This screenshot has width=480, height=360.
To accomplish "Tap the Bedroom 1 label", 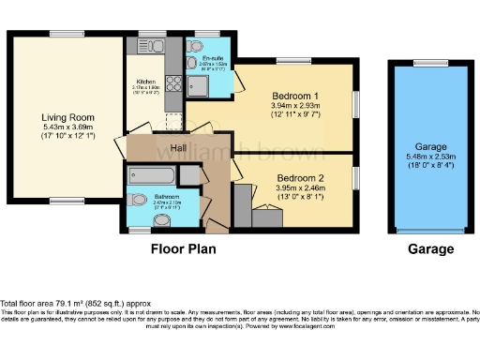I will tap(294, 96).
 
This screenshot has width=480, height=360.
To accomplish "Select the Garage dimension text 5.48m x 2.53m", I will tap(431, 156).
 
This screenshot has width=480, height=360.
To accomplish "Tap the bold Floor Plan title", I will tap(184, 249).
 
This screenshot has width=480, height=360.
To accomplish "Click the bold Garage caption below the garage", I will tap(430, 249).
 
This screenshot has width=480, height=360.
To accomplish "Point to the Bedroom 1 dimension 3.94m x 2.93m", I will tap(294, 106).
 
